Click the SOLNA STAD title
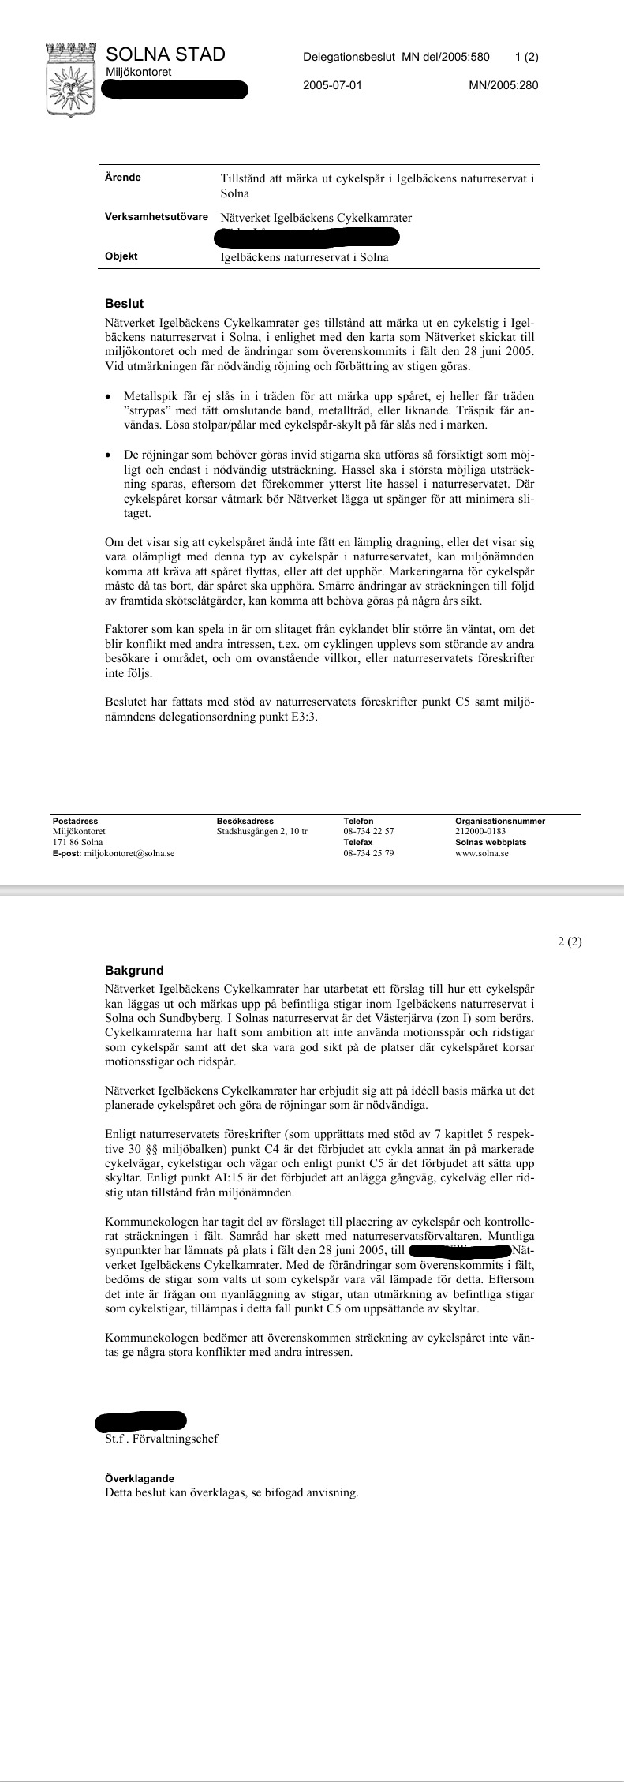tap(166, 54)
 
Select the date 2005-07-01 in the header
tap(332, 85)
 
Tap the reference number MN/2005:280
tap(503, 85)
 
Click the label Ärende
tap(123, 178)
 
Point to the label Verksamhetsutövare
tap(156, 217)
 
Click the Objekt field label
tap(121, 256)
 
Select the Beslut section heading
tap(124, 303)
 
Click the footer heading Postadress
tap(75, 821)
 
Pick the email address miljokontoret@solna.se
tap(129, 853)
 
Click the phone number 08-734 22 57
tap(368, 831)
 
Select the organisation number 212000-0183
tap(480, 831)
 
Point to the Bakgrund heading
tap(134, 970)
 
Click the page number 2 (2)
tap(569, 941)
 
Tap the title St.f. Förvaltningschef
tap(161, 1438)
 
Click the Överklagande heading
tap(140, 1478)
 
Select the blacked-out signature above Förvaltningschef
tap(140, 1421)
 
